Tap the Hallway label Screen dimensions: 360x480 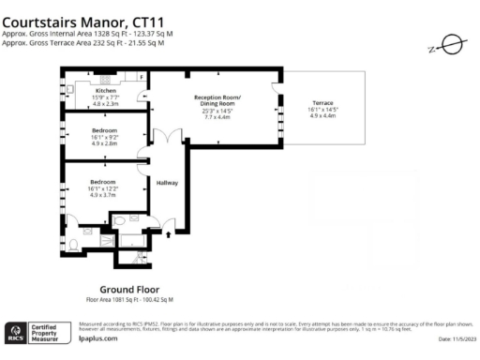(167, 183)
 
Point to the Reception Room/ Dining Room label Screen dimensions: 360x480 (217, 101)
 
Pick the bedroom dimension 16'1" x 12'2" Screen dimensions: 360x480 (103, 188)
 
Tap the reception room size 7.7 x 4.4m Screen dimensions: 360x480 (217, 117)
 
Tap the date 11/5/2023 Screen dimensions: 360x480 (457, 340)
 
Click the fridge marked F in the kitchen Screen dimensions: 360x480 (142, 76)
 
